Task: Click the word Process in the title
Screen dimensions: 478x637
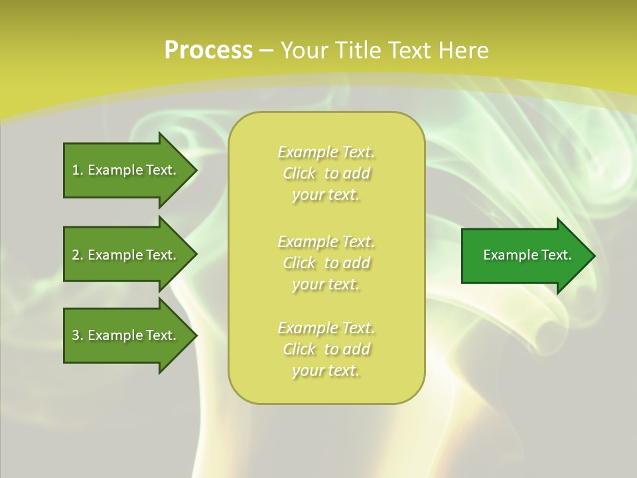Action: click(x=208, y=50)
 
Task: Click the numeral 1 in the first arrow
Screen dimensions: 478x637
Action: click(x=75, y=170)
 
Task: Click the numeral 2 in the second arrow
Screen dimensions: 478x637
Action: click(x=76, y=255)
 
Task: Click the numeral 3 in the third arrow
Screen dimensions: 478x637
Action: click(x=76, y=335)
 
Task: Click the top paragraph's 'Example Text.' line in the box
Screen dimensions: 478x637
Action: click(x=326, y=152)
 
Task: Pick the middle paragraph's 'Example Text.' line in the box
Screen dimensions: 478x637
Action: click(x=326, y=241)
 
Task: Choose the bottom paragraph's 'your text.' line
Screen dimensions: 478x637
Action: click(x=326, y=371)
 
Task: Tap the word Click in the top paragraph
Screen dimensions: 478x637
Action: click(x=299, y=173)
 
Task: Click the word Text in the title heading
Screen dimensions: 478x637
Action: click(x=410, y=50)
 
